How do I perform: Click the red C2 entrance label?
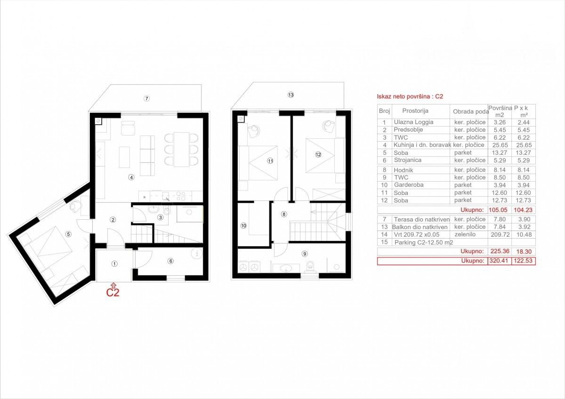pyautogui.click(x=113, y=292)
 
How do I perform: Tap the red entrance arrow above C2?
pyautogui.click(x=114, y=285)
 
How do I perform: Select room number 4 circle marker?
pyautogui.click(x=131, y=177)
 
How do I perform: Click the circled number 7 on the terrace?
pyautogui.click(x=146, y=98)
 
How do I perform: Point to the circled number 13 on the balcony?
pyautogui.click(x=291, y=95)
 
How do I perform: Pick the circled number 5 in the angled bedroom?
pyautogui.click(x=68, y=234)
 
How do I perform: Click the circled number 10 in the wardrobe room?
pyautogui.click(x=243, y=225)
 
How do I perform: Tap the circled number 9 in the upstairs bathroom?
pyautogui.click(x=305, y=254)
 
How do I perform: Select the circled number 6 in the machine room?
pyautogui.click(x=170, y=261)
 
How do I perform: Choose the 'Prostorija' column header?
pyautogui.click(x=415, y=111)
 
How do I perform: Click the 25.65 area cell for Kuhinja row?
pyautogui.click(x=500, y=145)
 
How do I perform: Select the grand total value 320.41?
pyautogui.click(x=499, y=261)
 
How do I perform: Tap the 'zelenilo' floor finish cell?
pyautogui.click(x=465, y=234)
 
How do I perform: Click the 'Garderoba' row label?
pyautogui.click(x=409, y=185)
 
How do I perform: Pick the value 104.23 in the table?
pyautogui.click(x=523, y=210)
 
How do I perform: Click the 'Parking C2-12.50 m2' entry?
pyautogui.click(x=424, y=242)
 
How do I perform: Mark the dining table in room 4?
pyautogui.click(x=181, y=149)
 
